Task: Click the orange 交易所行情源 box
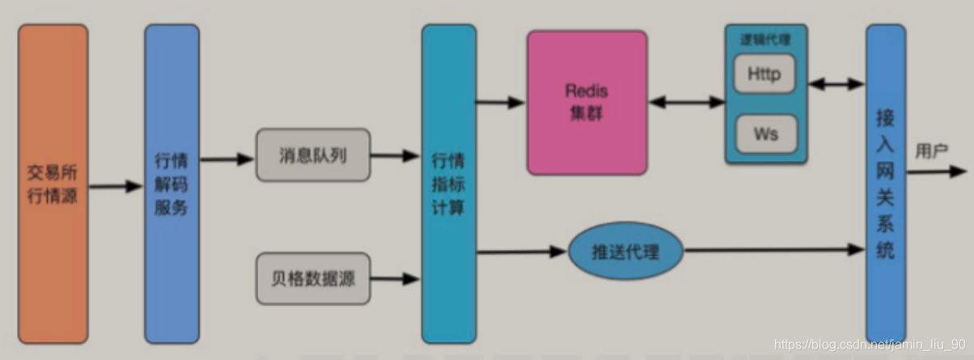53,184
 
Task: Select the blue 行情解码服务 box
172,184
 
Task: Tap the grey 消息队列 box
312,155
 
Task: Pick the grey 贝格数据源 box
312,278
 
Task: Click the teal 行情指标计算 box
448,184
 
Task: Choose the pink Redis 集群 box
587,103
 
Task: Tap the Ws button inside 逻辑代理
764,133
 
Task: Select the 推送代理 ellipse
624,252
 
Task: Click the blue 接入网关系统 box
885,184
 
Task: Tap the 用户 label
931,150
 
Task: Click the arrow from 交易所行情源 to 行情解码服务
116,187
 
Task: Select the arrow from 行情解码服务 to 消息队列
227,159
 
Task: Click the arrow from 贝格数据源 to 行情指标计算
395,280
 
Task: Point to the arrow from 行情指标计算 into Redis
500,102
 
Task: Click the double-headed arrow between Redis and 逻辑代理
686,102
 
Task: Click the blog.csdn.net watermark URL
870,344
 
